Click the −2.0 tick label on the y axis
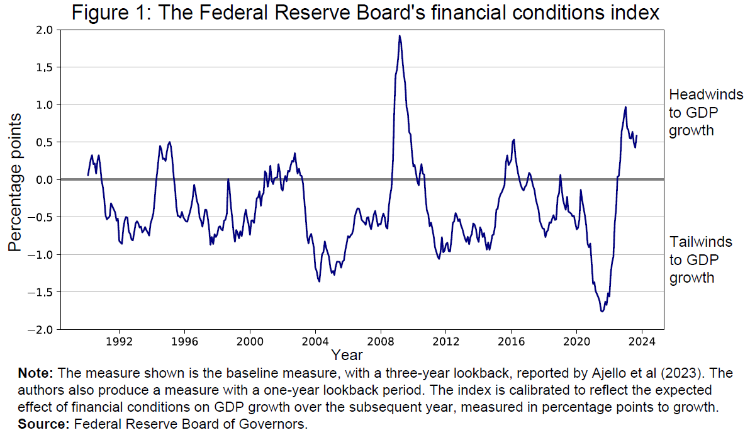[40, 329]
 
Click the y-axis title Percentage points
[14, 183]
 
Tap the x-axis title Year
[347, 354]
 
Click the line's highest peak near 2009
[400, 36]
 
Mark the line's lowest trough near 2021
[602, 311]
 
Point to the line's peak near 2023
[625, 107]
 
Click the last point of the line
[637, 135]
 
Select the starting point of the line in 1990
[87, 175]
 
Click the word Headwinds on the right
[705, 95]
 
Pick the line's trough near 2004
[319, 281]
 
